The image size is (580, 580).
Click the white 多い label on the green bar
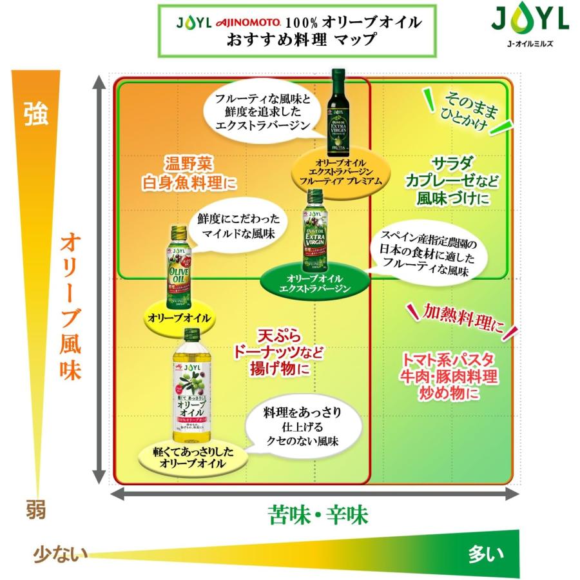483,553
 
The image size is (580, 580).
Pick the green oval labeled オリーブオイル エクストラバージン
314,282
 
